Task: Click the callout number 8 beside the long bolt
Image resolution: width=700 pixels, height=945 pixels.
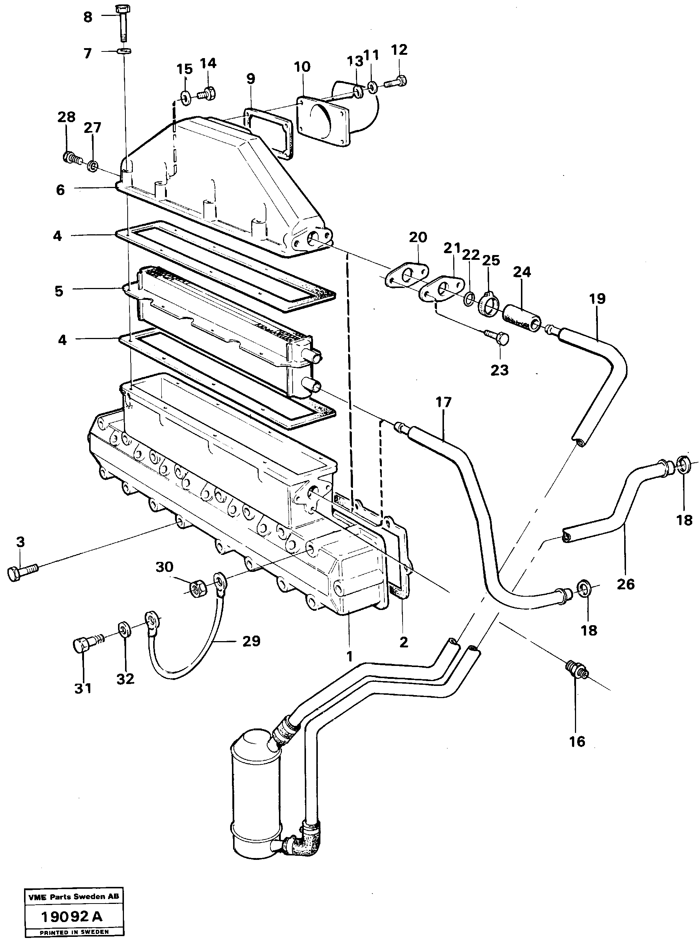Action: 87,17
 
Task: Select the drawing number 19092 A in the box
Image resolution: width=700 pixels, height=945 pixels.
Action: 72,916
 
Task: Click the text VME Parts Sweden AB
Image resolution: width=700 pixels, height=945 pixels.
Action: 74,897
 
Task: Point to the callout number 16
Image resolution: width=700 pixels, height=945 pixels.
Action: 577,741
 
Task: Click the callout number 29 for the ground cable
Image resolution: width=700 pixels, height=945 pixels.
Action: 251,641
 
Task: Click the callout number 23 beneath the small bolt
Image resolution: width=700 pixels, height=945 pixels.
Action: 499,370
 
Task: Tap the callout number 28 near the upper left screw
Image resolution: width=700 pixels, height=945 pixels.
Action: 67,117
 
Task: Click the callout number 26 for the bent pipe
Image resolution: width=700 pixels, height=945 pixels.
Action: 625,584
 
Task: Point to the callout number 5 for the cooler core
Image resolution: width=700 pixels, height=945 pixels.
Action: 59,291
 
